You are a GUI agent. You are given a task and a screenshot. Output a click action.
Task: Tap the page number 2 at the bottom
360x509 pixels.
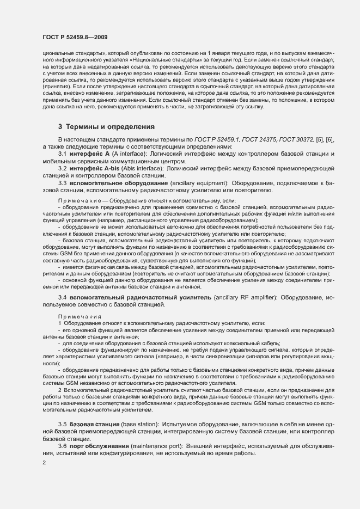(x=44, y=463)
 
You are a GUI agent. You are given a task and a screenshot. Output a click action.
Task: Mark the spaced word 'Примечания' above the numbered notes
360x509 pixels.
(x=77, y=316)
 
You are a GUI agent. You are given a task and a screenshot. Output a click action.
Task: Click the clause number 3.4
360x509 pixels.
(x=62, y=298)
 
